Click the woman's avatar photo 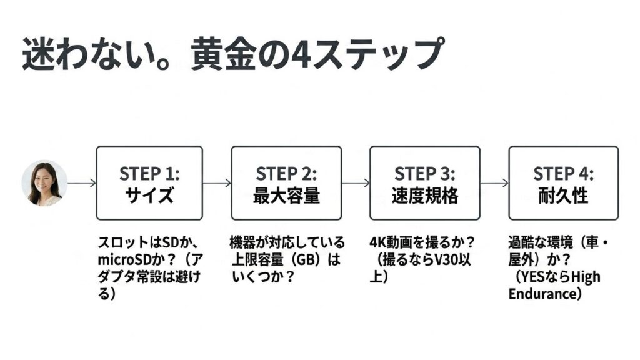pyautogui.click(x=44, y=182)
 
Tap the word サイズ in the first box pyautogui.click(x=149, y=196)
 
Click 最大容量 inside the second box pyautogui.click(x=286, y=196)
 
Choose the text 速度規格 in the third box pyautogui.click(x=425, y=196)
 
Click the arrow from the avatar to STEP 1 pyautogui.click(x=81, y=183)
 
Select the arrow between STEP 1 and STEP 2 pyautogui.click(x=217, y=183)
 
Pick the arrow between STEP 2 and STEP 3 pyautogui.click(x=356, y=183)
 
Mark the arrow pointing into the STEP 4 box pyautogui.click(x=494, y=183)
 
